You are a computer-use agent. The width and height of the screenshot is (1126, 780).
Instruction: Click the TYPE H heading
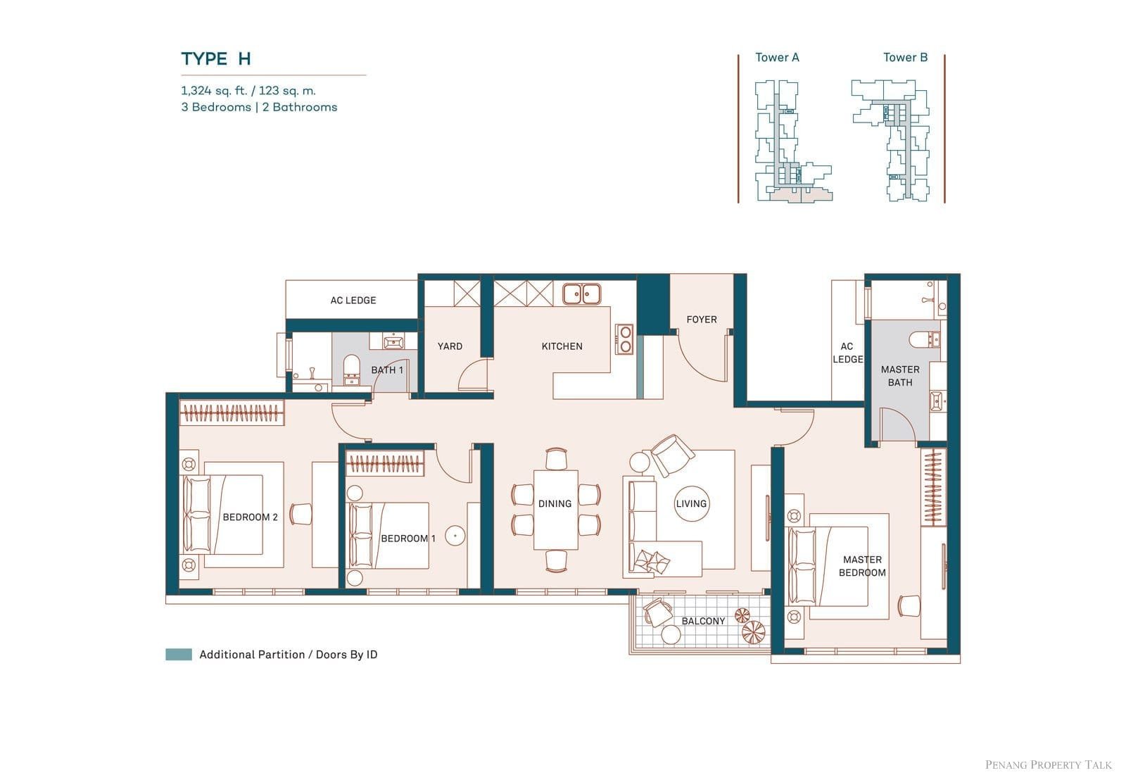click(215, 59)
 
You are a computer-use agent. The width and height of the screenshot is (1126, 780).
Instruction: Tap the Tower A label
click(777, 57)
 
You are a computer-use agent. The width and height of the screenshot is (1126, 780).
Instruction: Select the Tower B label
click(905, 57)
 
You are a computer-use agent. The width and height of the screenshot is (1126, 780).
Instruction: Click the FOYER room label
click(701, 320)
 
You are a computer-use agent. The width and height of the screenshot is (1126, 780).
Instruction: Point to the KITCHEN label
click(562, 346)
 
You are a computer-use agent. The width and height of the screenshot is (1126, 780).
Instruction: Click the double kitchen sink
click(581, 294)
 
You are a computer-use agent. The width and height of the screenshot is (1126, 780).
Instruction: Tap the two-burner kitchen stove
click(625, 339)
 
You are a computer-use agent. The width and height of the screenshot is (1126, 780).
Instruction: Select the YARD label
click(450, 346)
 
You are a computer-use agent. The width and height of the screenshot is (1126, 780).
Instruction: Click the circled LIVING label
click(691, 503)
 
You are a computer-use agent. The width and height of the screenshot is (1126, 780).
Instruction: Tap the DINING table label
click(555, 503)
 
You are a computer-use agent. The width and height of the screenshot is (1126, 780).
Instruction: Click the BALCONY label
click(703, 621)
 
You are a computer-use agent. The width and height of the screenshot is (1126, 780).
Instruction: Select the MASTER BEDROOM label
click(862, 566)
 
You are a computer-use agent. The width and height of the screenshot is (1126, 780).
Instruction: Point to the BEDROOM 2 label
click(250, 517)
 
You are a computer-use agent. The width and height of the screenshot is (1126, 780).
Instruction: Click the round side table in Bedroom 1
click(455, 536)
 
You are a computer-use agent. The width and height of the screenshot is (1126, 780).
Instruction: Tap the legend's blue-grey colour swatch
click(179, 654)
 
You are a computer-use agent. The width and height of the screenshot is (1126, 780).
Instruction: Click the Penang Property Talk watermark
click(1048, 765)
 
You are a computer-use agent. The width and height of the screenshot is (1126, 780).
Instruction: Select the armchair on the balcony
click(657, 612)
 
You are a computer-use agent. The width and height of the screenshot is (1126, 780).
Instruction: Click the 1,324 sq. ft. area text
click(215, 91)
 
